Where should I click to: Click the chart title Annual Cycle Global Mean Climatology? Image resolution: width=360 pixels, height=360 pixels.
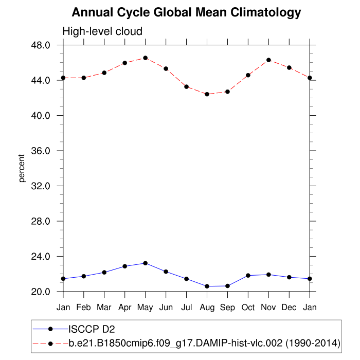tap(186, 12)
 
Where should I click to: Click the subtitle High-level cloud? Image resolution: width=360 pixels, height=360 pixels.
tap(102, 32)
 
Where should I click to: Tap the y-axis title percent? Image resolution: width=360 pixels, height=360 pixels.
tap(22, 168)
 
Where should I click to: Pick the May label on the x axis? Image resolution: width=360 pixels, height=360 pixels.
tap(146, 308)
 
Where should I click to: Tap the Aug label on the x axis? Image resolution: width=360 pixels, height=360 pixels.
tap(207, 308)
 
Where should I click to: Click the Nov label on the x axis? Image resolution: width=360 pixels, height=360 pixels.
tap(268, 308)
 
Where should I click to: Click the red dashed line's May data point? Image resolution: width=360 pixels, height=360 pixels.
tap(146, 58)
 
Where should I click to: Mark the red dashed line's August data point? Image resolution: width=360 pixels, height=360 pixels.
tap(207, 94)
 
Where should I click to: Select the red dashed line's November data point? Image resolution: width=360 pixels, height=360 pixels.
tap(268, 60)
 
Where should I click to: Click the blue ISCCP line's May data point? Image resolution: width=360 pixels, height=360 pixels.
tap(146, 263)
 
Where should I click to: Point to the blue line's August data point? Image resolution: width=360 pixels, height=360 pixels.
tap(207, 286)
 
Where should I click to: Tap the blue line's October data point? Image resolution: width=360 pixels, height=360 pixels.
tap(248, 276)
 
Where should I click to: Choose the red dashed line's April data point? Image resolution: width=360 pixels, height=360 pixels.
tap(125, 63)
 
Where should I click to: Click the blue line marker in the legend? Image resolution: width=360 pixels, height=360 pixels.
tap(50, 329)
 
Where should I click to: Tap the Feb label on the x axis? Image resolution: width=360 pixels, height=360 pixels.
tap(84, 308)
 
